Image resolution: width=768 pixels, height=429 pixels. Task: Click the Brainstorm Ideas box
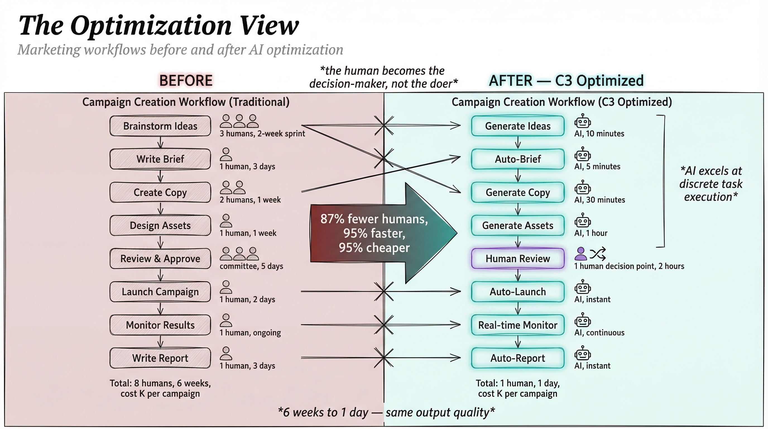[x=160, y=126]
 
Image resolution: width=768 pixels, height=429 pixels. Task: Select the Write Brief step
[x=160, y=159]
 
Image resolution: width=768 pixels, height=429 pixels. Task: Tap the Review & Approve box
[x=160, y=259]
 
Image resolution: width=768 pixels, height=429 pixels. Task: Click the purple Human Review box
[x=518, y=259]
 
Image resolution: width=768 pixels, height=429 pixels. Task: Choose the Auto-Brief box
[x=518, y=159]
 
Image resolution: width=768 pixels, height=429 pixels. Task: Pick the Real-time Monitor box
[x=518, y=325]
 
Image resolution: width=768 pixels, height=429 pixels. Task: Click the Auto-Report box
[x=518, y=358]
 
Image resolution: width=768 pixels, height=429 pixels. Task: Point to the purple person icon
[x=580, y=254]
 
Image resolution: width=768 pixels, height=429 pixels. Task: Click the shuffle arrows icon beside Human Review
[x=597, y=254]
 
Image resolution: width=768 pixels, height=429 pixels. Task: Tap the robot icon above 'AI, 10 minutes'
[x=583, y=121]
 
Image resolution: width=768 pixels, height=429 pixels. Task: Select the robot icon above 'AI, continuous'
[x=583, y=320]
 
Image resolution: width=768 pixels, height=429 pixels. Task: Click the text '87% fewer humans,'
[x=374, y=219]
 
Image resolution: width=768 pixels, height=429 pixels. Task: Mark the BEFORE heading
[x=186, y=80]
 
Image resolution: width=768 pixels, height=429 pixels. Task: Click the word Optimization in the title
[x=151, y=25]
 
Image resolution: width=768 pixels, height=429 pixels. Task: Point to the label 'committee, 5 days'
[x=251, y=266]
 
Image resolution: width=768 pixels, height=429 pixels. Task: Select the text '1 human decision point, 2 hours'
[x=629, y=266]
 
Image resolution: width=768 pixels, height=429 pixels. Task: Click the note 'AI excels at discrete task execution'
[x=711, y=184]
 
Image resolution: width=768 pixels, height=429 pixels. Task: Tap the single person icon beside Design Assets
[x=226, y=221]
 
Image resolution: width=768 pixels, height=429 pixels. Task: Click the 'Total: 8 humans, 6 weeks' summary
[x=160, y=388]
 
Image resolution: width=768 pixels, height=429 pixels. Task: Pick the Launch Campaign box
[x=160, y=292]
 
